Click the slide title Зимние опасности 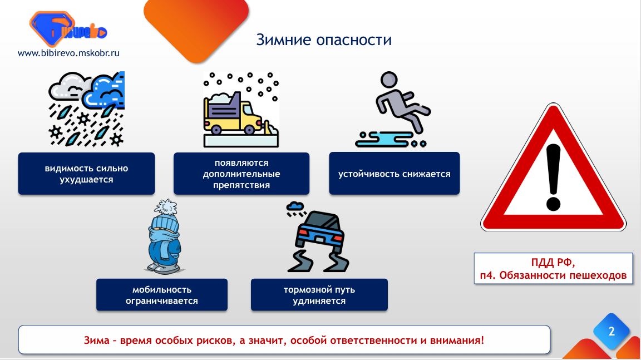324,40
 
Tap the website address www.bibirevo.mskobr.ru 68,53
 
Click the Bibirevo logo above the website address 68,28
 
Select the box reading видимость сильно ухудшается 86,174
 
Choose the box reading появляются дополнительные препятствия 241,174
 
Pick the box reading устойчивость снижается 394,174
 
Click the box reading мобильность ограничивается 162,295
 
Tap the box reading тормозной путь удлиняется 319,295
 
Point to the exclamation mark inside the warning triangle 553,177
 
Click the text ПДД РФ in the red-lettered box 553,262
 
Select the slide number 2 612,331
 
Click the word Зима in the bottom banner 96,340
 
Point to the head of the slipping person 389,80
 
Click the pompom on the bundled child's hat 165,208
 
